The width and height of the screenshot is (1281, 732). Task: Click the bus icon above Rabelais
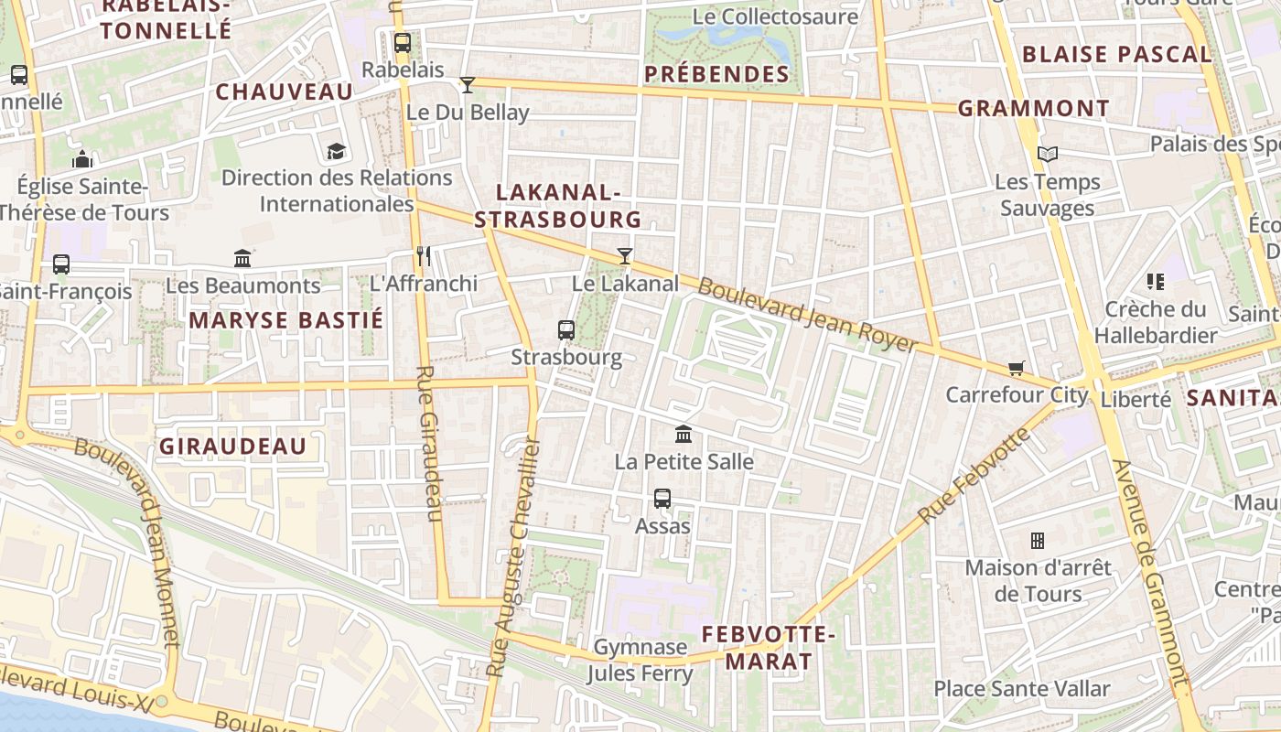click(402, 43)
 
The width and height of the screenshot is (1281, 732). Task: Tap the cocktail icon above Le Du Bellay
click(468, 85)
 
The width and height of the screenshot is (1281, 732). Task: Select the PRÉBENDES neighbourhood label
click(716, 74)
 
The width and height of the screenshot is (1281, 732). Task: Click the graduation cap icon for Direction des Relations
click(337, 151)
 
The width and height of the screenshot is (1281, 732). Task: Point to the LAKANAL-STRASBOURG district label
click(557, 206)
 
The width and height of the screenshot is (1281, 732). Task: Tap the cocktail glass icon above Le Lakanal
click(624, 256)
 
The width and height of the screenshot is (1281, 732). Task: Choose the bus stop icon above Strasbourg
click(566, 330)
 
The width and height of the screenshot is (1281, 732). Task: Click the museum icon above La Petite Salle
click(684, 435)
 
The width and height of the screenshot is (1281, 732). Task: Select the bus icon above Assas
click(662, 499)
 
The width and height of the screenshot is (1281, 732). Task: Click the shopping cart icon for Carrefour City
click(1016, 368)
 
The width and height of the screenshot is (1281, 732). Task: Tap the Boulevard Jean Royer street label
click(807, 315)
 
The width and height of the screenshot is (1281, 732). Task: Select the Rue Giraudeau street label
click(428, 445)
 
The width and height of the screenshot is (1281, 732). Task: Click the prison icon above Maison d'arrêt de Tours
click(1038, 541)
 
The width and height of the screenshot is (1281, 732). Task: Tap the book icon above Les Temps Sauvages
click(1048, 155)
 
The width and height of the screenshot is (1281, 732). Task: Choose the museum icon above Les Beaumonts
click(242, 259)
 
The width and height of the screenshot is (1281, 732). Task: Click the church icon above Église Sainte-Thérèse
click(82, 159)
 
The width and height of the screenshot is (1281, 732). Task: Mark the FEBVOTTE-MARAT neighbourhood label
click(769, 647)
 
